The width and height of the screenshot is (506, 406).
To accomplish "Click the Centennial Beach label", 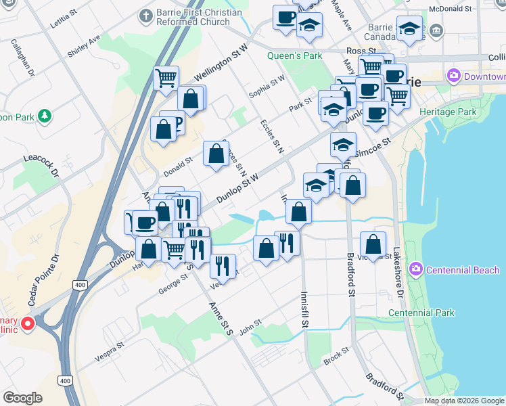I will pyautogui.click(x=463, y=270).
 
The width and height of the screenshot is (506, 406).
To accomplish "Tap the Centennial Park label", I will pyautogui.click(x=421, y=313).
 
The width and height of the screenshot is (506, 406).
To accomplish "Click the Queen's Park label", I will pyautogui.click(x=295, y=55).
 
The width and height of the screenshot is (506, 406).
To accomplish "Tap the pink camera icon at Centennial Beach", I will pyautogui.click(x=416, y=270).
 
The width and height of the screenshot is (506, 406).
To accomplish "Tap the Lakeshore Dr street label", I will pyautogui.click(x=399, y=273).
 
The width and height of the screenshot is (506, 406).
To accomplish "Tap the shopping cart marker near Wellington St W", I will pyautogui.click(x=166, y=78).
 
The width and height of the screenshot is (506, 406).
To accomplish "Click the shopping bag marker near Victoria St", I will pyautogui.click(x=373, y=245).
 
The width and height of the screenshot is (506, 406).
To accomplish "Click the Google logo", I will pyautogui.click(x=23, y=397).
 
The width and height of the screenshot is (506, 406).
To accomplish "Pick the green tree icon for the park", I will pyautogui.click(x=45, y=116).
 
